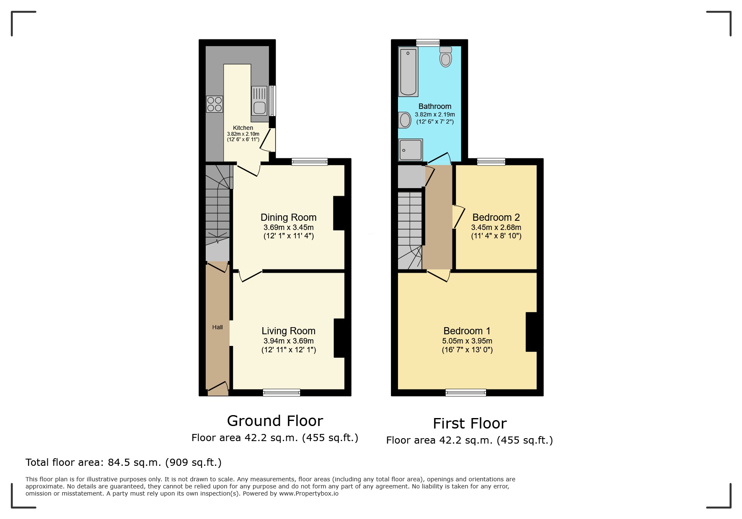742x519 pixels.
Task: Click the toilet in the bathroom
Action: (x=445, y=58)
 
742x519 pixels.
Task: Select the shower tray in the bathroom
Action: (x=411, y=150)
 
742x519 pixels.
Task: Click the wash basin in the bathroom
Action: (x=405, y=120)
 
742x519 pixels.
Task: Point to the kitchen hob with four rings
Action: (x=215, y=104)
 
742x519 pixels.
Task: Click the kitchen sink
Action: (x=259, y=101)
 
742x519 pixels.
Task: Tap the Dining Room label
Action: (x=288, y=217)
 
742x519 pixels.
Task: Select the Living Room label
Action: (x=288, y=331)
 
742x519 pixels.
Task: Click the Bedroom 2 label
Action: (x=496, y=217)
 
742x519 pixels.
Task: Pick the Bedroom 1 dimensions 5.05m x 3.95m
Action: (x=467, y=341)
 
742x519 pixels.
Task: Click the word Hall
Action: (x=217, y=327)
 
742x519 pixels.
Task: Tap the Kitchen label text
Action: (x=243, y=128)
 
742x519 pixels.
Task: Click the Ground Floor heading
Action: (x=275, y=421)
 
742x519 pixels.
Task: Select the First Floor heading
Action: (x=469, y=423)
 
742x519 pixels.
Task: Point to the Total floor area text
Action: (x=123, y=462)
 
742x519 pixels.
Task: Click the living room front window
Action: (x=281, y=392)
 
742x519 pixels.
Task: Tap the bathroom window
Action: (x=428, y=43)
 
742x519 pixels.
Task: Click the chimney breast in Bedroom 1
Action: (x=531, y=332)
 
